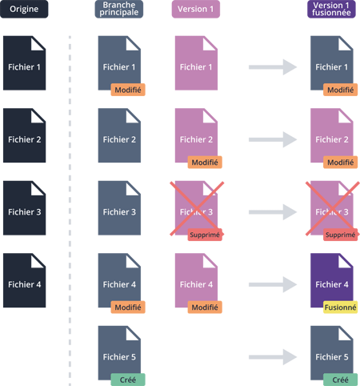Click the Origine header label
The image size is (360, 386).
coord(24,9)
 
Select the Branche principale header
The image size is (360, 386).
coord(119,9)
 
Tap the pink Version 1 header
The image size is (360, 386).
coord(196,9)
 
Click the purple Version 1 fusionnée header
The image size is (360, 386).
coord(331,9)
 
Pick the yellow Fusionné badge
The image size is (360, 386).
coord(340,308)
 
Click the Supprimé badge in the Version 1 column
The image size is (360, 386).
coord(205,235)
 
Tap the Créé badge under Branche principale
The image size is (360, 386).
coord(128,380)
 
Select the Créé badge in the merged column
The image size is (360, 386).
coord(340,380)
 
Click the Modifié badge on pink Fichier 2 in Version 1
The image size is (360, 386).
coord(205,163)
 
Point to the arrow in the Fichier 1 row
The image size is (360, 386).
coord(273,67)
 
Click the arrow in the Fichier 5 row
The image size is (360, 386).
coord(273,357)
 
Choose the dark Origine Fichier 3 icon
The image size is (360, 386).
coord(25,208)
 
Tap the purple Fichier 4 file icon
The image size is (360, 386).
coord(332,280)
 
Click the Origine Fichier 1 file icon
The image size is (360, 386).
coord(25,63)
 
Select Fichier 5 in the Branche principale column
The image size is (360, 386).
coord(119,353)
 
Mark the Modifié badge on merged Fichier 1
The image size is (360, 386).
coord(340,90)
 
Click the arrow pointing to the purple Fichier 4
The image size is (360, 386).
coord(273,284)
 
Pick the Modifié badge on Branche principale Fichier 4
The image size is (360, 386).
coord(128,308)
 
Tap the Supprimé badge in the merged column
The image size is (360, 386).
coord(340,235)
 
